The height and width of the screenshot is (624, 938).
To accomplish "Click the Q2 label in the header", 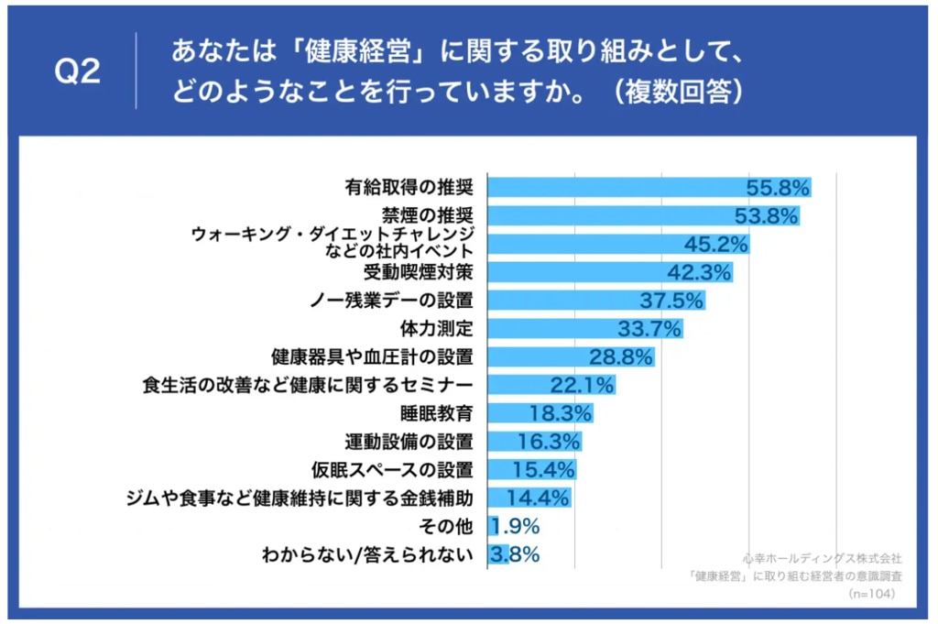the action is click(77, 71).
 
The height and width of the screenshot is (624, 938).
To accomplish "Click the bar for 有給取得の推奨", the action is click(649, 187).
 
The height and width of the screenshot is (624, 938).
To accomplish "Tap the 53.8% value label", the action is click(767, 215).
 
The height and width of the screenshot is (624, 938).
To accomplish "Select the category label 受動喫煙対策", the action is click(418, 272).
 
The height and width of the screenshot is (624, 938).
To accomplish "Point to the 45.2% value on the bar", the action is click(716, 244).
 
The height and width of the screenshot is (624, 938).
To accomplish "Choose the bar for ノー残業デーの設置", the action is click(596, 301).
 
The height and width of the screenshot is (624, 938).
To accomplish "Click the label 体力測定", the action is click(436, 328).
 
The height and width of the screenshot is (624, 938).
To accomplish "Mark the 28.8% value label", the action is click(621, 357).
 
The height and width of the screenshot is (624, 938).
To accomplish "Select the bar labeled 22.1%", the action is click(551, 385).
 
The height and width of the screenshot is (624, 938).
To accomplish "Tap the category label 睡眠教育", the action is click(436, 413).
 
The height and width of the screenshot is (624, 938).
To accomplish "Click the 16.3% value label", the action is click(549, 442).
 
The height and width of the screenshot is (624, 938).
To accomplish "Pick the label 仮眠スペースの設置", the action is click(392, 470).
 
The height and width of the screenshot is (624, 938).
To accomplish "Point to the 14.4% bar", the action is click(529, 498).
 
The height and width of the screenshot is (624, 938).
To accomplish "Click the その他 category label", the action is click(446, 527).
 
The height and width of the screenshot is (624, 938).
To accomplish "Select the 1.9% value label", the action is click(515, 527).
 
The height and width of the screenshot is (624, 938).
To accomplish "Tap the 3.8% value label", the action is click(515, 554).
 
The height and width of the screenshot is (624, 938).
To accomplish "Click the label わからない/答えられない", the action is click(367, 555).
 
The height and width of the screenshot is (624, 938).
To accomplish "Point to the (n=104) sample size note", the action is click(872, 594).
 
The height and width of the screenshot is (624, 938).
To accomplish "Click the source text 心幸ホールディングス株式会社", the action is click(823, 559).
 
